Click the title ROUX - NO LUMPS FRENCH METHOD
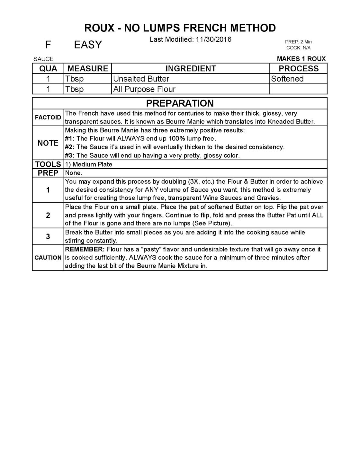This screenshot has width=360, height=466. [180, 28]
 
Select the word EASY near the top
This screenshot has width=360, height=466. [88, 45]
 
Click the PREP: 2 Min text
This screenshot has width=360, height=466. [298, 42]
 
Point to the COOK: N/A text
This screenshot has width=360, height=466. [298, 48]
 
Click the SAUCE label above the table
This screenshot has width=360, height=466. [43, 59]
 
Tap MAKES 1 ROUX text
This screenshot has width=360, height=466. [301, 59]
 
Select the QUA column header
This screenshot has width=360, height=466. [48, 68]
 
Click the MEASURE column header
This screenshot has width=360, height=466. [88, 68]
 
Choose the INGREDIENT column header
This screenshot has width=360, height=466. [191, 68]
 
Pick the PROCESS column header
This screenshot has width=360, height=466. [298, 68]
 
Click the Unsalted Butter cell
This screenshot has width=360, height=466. [141, 79]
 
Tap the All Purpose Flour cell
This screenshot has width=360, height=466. [144, 89]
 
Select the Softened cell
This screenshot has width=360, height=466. [287, 79]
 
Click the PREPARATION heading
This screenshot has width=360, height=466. [180, 103]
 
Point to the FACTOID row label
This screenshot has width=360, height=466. [48, 118]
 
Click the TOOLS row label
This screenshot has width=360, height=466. [48, 164]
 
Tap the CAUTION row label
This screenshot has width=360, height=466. [48, 258]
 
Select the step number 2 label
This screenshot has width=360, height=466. [48, 215]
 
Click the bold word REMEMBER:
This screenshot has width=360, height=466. [85, 249]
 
